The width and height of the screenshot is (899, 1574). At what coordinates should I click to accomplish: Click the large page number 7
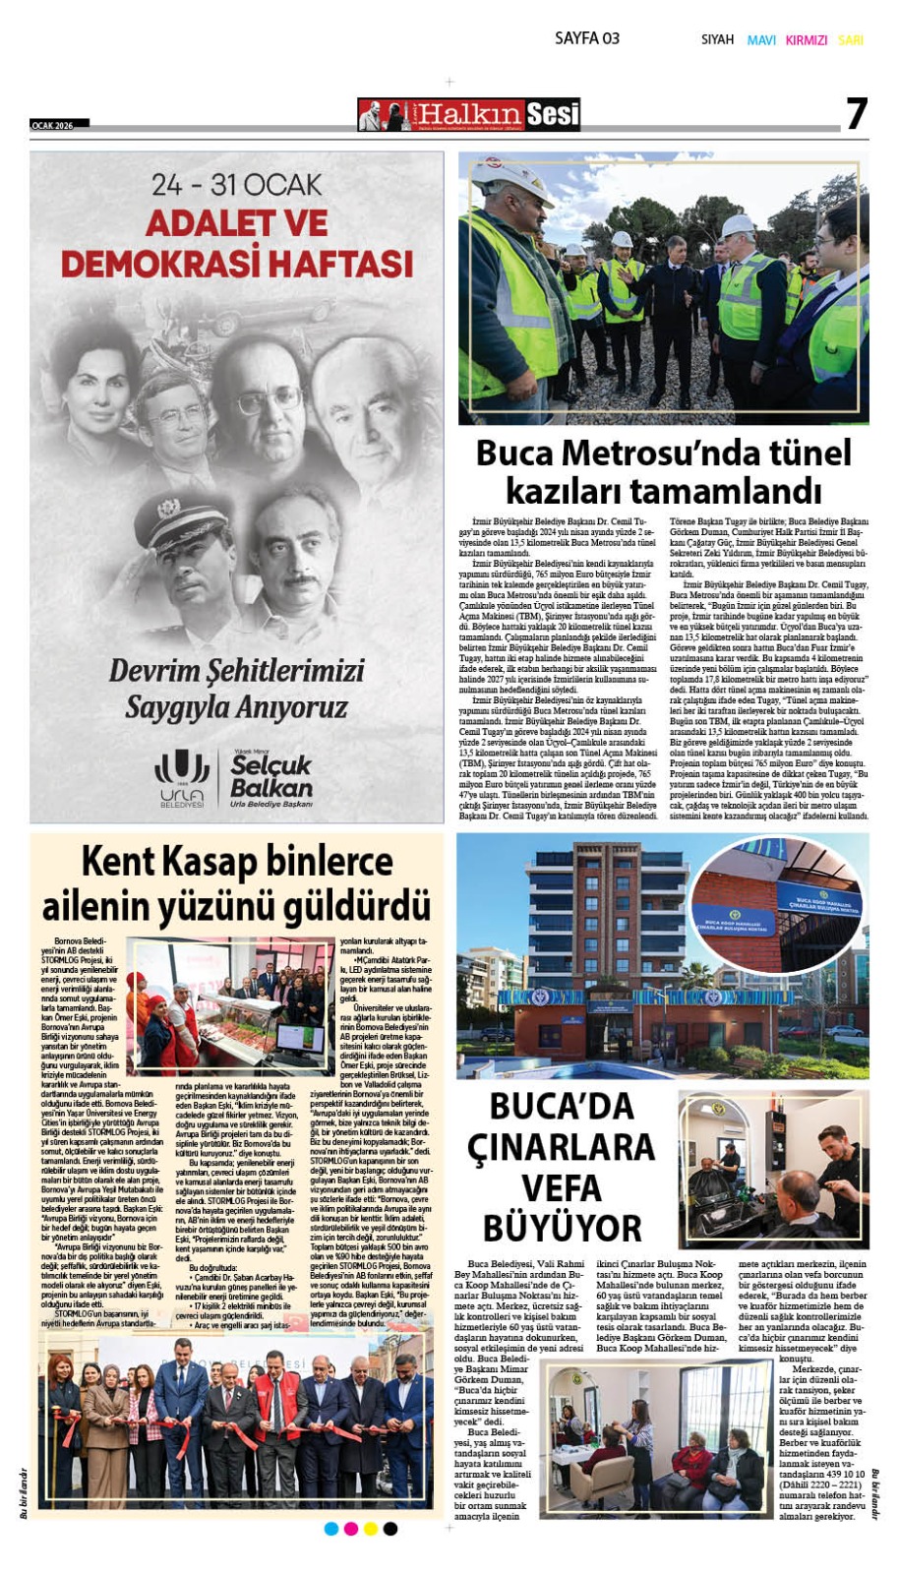point(857,115)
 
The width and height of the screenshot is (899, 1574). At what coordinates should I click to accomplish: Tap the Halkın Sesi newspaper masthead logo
point(469,115)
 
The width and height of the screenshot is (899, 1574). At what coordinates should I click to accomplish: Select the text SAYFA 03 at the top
point(586,38)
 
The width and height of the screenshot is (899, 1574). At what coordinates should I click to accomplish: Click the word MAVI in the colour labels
point(761,40)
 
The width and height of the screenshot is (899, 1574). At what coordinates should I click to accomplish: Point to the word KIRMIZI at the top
point(807,40)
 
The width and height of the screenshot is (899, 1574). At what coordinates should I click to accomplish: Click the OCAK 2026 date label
point(53,125)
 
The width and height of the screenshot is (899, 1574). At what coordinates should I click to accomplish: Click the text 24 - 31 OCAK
point(236,185)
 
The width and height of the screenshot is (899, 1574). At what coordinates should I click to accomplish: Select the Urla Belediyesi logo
point(183,778)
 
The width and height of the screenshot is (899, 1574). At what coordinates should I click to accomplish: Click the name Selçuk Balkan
point(270,776)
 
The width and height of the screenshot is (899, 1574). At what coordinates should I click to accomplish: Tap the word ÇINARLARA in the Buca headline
point(561,1147)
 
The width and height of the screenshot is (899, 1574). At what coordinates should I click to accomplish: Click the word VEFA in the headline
point(562,1187)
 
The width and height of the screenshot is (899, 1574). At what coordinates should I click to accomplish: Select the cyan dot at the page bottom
point(331,1528)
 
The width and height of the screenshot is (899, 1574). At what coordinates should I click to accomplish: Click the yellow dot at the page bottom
point(371,1528)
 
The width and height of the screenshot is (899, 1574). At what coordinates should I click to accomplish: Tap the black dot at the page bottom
point(390,1528)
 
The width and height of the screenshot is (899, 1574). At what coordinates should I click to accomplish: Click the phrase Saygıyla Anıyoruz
point(236,706)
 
